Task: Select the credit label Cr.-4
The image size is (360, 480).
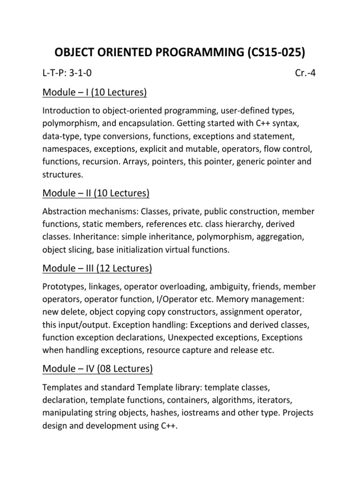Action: (x=305, y=73)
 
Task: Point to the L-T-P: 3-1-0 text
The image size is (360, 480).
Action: (x=70, y=73)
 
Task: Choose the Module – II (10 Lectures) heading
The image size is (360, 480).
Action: (x=96, y=193)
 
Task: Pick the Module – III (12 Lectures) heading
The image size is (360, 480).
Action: (x=97, y=268)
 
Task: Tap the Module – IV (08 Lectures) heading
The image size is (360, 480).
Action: (x=97, y=368)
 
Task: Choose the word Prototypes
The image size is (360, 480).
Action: (x=64, y=287)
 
